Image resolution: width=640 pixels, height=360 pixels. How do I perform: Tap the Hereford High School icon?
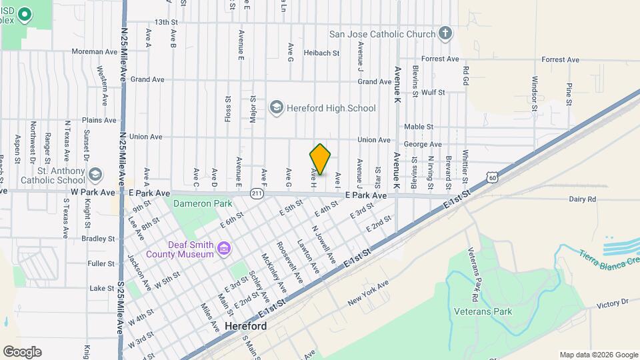[276, 108]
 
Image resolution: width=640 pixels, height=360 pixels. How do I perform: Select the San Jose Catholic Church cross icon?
[445, 33]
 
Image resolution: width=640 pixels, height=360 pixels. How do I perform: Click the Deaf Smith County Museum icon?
[225, 249]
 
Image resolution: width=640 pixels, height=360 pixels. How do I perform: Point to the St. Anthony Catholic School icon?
[95, 175]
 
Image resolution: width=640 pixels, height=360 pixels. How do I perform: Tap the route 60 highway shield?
[491, 177]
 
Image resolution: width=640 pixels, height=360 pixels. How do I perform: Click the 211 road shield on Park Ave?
[257, 193]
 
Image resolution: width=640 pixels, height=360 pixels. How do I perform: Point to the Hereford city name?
[246, 327]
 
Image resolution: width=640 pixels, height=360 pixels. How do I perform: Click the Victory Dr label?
[613, 303]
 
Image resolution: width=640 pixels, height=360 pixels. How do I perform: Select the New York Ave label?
[367, 293]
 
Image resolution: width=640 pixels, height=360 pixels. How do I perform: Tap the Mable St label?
[419, 126]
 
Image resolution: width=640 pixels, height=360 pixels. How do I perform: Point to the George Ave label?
[423, 144]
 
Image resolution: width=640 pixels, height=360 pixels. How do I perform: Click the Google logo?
[22, 351]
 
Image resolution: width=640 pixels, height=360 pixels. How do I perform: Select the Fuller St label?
[101, 263]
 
